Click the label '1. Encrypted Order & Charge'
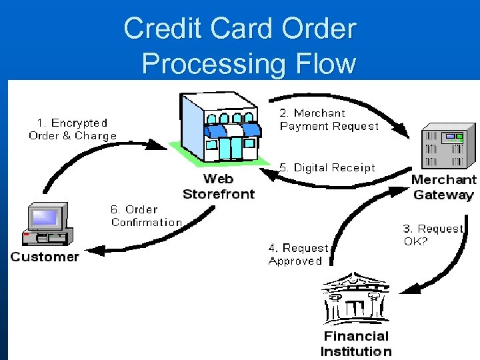coord(72,129)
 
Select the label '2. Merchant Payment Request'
coord(329,119)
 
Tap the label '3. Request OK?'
coord(433,235)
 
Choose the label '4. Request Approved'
coord(298,254)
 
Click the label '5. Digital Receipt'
coord(327,168)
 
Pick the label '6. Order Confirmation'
coord(146,215)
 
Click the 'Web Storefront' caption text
coord(219,186)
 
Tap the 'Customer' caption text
coord(45,257)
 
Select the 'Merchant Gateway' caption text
coord(443,187)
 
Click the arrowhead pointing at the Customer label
coord(93,251)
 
